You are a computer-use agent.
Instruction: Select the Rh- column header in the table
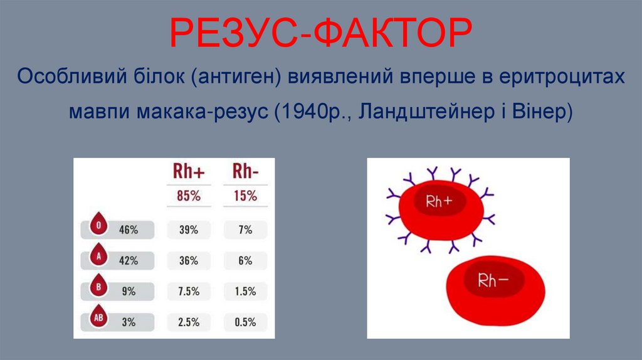pyautogui.click(x=245, y=171)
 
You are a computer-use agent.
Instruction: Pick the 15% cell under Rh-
pyautogui.click(x=245, y=196)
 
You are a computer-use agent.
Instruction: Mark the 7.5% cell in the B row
pyautogui.click(x=189, y=292)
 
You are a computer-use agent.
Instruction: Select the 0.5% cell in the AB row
pyautogui.click(x=245, y=322)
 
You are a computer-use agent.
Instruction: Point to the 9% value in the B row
pyautogui.click(x=129, y=292)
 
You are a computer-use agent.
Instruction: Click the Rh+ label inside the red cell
pyautogui.click(x=439, y=201)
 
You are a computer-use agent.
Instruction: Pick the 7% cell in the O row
pyautogui.click(x=245, y=230)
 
